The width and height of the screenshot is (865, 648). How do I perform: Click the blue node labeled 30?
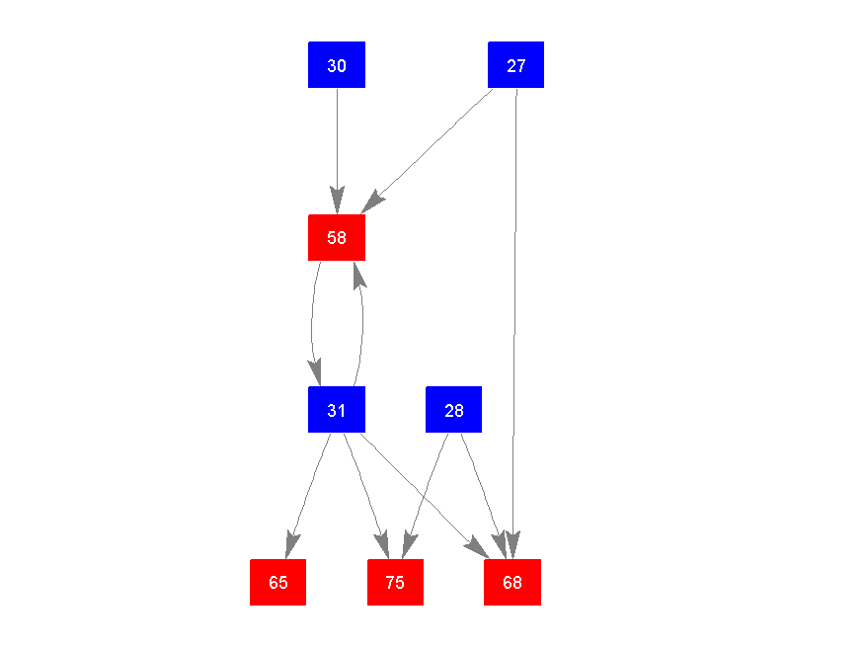click(x=337, y=65)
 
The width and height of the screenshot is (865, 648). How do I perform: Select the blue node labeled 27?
click(x=515, y=65)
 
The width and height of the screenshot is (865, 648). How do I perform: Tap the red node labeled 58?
click(x=337, y=237)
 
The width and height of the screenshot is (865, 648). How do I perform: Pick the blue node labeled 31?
click(x=337, y=410)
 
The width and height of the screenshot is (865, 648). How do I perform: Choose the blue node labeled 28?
click(x=453, y=410)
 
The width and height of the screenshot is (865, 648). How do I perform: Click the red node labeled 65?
click(x=277, y=582)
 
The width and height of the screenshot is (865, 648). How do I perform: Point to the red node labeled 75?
click(x=395, y=582)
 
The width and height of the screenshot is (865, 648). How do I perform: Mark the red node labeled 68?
click(x=511, y=582)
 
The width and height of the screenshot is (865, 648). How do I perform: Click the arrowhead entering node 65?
click(x=290, y=546)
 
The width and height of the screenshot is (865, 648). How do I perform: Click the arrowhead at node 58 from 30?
click(x=337, y=202)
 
